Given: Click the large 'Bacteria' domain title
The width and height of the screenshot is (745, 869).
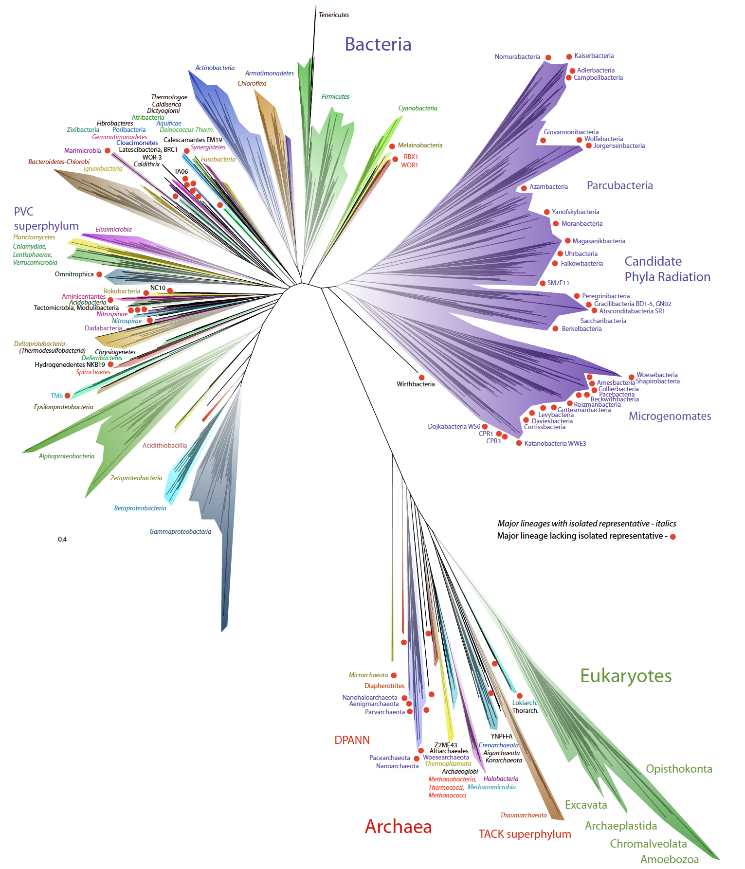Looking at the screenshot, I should tap(378, 44).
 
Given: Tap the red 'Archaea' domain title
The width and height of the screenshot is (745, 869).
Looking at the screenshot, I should tap(398, 827).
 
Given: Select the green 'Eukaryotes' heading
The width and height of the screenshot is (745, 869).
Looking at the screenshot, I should tap(626, 676).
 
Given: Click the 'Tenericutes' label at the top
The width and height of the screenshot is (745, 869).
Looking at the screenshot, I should tap(334, 15).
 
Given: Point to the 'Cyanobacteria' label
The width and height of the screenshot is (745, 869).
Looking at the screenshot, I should tap(418, 109).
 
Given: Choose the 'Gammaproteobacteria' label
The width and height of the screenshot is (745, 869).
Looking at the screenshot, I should tap(180, 532).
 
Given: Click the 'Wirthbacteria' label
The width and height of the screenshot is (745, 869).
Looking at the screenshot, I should tap(416, 384).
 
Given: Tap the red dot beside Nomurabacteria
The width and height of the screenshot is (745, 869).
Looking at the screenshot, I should tap(548, 57).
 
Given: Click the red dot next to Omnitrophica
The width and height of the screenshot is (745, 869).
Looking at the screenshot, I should tap(99, 274).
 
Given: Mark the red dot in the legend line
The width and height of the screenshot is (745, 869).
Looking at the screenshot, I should tap(673, 537).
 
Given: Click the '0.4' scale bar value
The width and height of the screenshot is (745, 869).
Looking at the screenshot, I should tap(62, 540).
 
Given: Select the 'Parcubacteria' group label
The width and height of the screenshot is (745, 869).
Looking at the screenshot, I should tap(619, 185).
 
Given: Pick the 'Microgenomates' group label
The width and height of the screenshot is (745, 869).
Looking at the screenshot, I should tap(670, 416).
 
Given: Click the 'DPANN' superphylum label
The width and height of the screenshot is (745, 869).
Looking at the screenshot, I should tap(352, 740).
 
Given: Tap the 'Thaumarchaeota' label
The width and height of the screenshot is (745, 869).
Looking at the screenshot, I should tap(523, 815).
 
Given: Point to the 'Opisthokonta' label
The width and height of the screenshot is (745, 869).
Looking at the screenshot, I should tap(679, 769).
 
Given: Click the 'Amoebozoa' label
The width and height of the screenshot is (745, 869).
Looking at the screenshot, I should tap(669, 859).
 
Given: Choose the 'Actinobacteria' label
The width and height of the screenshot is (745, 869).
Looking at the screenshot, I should tap(215, 68).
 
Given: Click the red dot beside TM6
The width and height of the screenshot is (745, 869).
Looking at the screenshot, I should tap(67, 396).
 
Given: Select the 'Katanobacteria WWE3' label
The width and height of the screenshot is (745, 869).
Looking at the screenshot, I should tap(555, 444).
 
